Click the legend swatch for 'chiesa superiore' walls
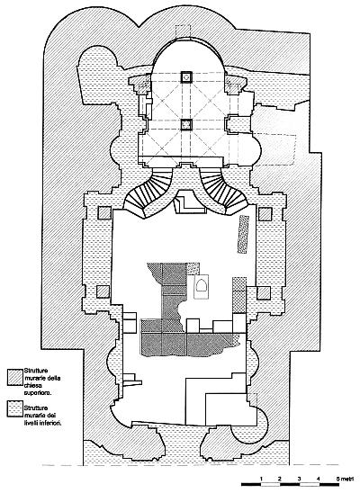(15, 376)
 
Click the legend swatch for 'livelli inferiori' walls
(15, 408)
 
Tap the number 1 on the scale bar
(261, 480)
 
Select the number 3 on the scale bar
(299, 480)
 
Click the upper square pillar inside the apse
(186, 77)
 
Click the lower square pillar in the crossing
(186, 124)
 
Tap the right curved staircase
(224, 192)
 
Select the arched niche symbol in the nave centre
(201, 287)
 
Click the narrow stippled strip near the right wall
(244, 234)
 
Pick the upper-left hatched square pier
(104, 213)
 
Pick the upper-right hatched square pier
(265, 214)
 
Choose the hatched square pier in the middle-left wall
(103, 291)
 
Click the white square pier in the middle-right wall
(264, 293)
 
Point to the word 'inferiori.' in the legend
(43, 423)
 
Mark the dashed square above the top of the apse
(183, 32)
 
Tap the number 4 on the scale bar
(319, 480)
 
